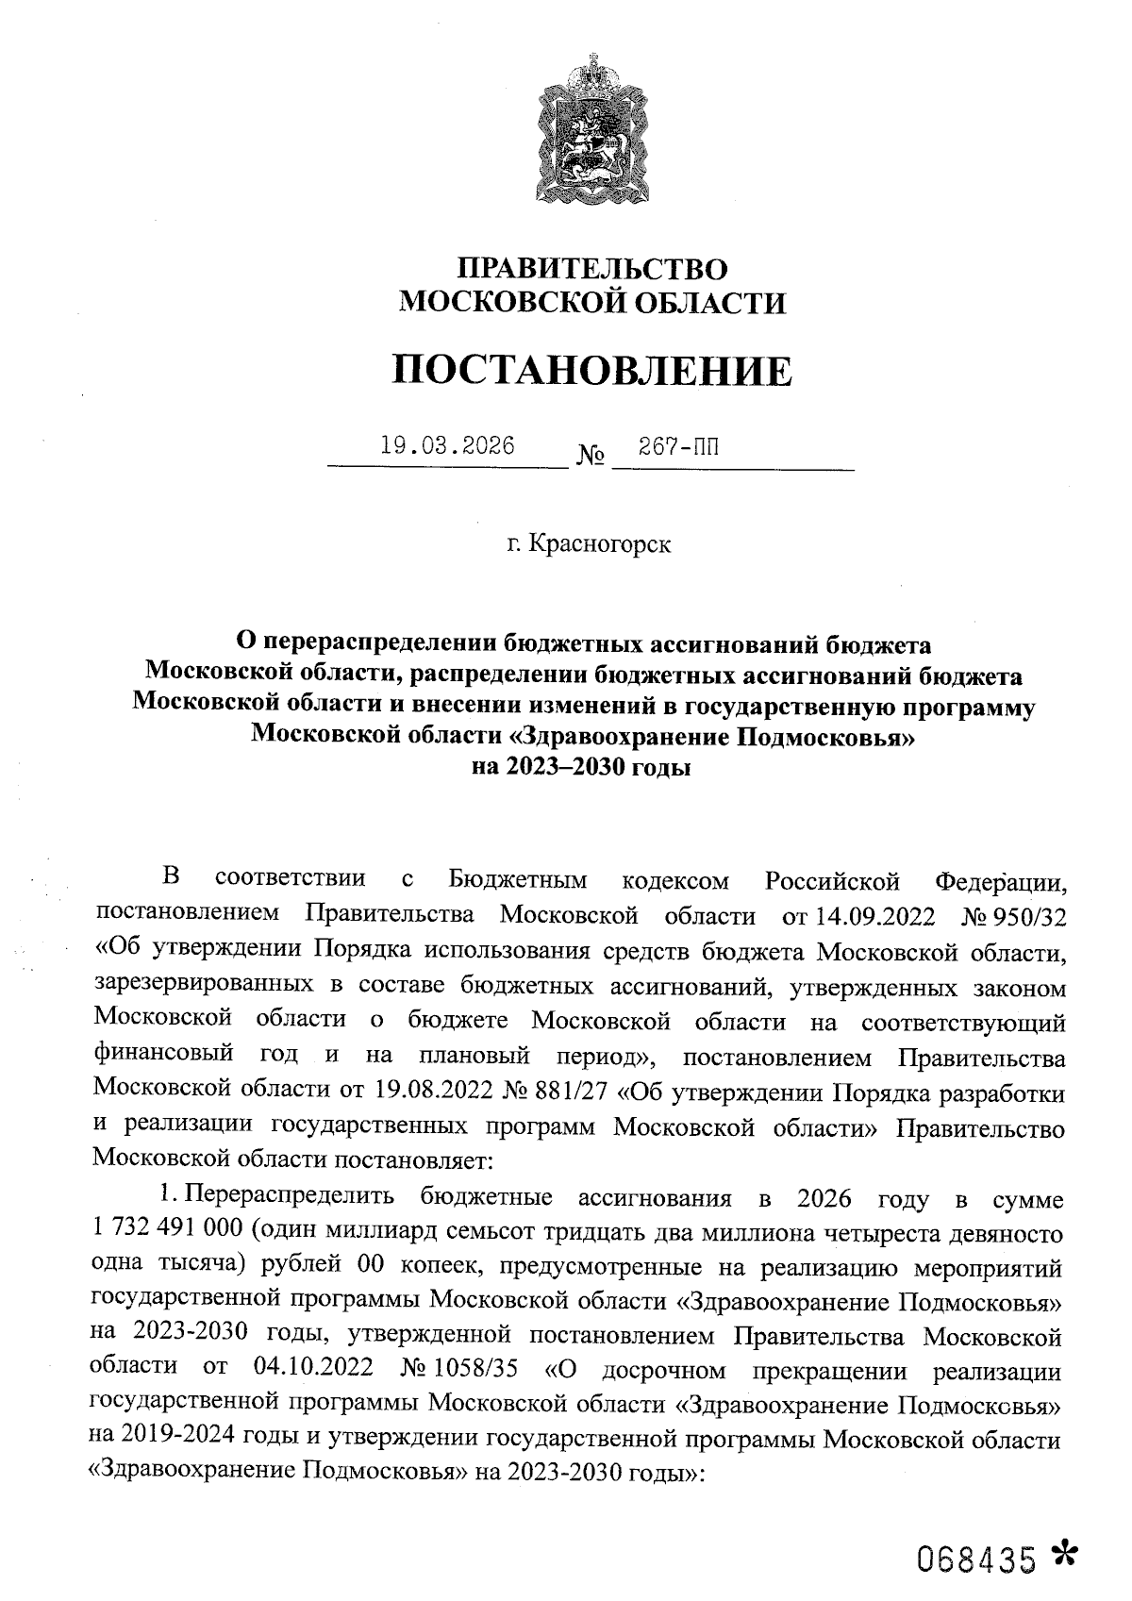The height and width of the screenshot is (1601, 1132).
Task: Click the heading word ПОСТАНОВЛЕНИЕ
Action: pyautogui.click(x=591, y=371)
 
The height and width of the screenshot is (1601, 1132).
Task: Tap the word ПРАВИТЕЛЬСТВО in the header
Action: pyautogui.click(x=591, y=269)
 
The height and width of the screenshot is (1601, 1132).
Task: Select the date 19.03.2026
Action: pyautogui.click(x=447, y=445)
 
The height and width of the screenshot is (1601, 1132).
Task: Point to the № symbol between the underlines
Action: pyautogui.click(x=591, y=458)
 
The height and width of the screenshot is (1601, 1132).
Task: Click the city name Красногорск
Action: pyautogui.click(x=601, y=544)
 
